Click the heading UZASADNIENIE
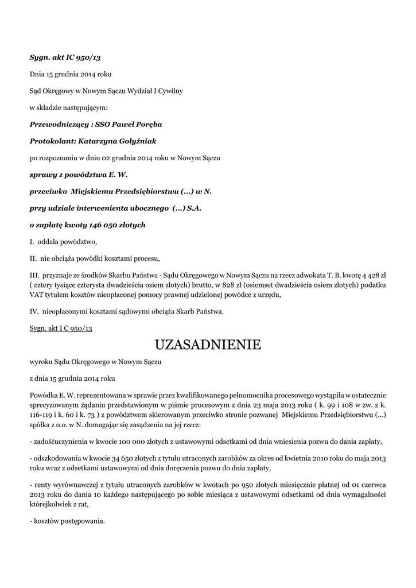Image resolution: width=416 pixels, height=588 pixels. pos(208,345)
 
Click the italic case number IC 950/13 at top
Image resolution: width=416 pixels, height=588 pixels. pos(85,58)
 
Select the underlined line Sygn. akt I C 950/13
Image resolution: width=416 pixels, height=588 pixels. pos(61,328)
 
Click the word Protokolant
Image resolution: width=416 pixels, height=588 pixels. pos(51,141)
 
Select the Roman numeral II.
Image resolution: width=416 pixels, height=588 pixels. pos(33,258)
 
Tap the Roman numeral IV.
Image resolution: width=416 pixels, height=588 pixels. pos(34,312)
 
